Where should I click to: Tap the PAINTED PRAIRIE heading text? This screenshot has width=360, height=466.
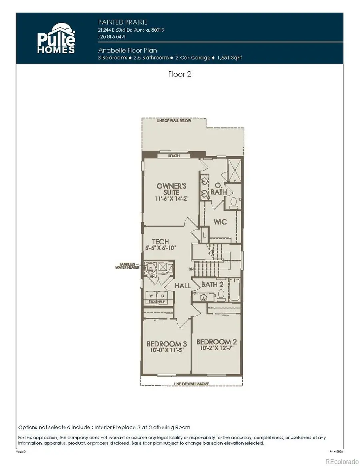(120, 22)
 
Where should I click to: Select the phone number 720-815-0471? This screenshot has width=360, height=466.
(112, 36)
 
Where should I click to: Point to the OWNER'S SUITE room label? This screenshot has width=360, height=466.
(171, 189)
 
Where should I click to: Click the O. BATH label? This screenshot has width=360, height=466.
(219, 189)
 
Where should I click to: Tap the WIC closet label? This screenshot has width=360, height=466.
(220, 221)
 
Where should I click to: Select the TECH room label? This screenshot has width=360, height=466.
(160, 242)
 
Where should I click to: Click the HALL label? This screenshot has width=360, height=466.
(182, 286)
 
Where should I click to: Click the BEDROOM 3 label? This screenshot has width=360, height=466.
(166, 344)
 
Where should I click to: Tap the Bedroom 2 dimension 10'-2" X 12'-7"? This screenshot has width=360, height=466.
(216, 348)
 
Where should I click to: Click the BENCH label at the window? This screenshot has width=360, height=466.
(174, 156)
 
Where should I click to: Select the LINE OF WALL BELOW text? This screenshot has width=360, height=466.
(174, 121)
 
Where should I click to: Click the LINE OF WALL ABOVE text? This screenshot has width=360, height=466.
(192, 384)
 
